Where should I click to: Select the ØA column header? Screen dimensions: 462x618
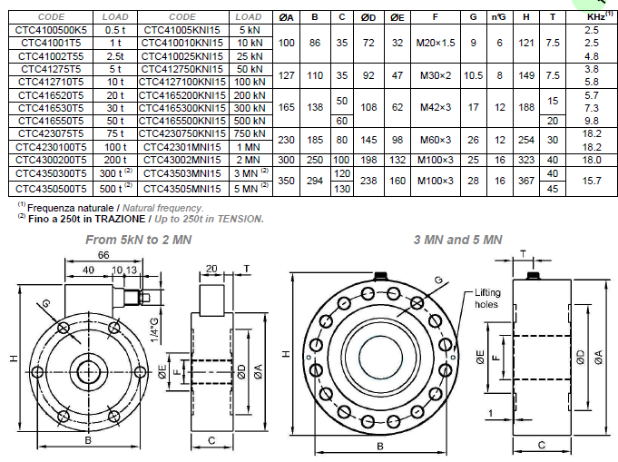coord(287,16)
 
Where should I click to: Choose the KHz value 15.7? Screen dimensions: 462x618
coord(591,182)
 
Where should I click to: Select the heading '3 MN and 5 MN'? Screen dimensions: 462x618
coord(458,240)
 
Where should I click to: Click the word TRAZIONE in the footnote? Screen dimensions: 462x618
coord(83,219)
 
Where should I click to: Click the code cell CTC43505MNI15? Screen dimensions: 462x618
coord(181,188)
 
